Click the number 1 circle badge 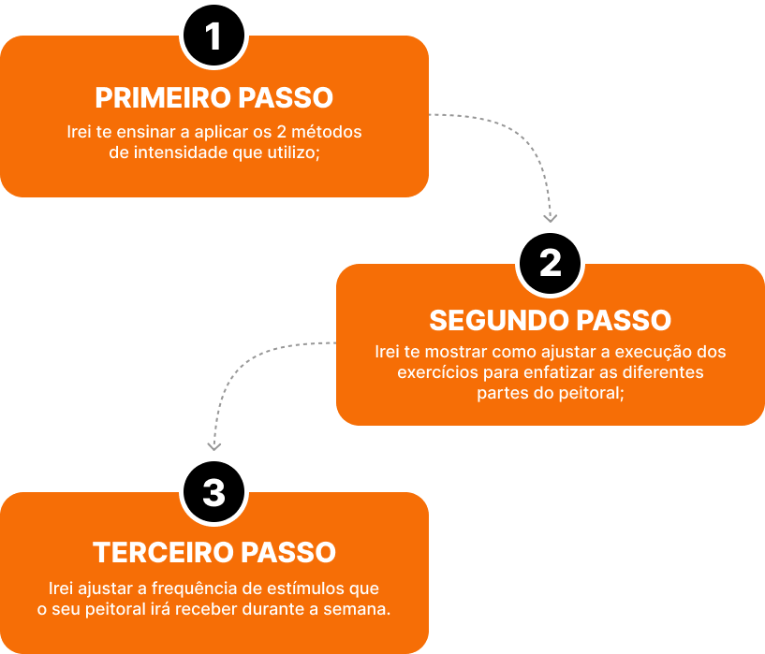coord(213,36)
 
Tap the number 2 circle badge coord(551,264)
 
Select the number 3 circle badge coord(213,492)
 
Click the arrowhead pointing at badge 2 coord(551,217)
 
